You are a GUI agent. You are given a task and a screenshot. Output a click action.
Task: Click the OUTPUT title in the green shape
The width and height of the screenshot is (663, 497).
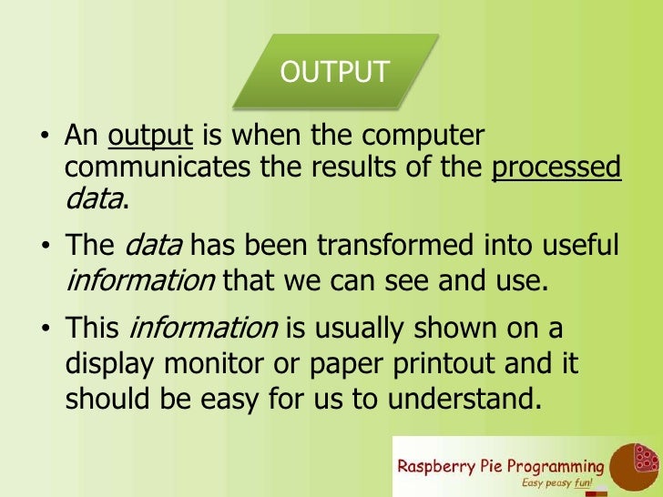pyautogui.click(x=334, y=71)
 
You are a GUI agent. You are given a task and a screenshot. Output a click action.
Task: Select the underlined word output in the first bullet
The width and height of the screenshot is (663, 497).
pyautogui.click(x=150, y=137)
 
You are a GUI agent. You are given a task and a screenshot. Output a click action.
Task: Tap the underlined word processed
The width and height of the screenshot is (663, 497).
pyautogui.click(x=556, y=168)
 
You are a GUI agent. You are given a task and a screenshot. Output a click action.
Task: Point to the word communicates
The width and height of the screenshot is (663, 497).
pyautogui.click(x=158, y=168)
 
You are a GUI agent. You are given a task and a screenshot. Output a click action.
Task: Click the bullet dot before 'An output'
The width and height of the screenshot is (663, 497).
pyautogui.click(x=43, y=139)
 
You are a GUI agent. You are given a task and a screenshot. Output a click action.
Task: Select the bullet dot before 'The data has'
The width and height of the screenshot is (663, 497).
pyautogui.click(x=43, y=248)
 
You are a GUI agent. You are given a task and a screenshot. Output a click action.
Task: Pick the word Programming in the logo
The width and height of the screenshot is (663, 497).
pyautogui.click(x=556, y=466)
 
